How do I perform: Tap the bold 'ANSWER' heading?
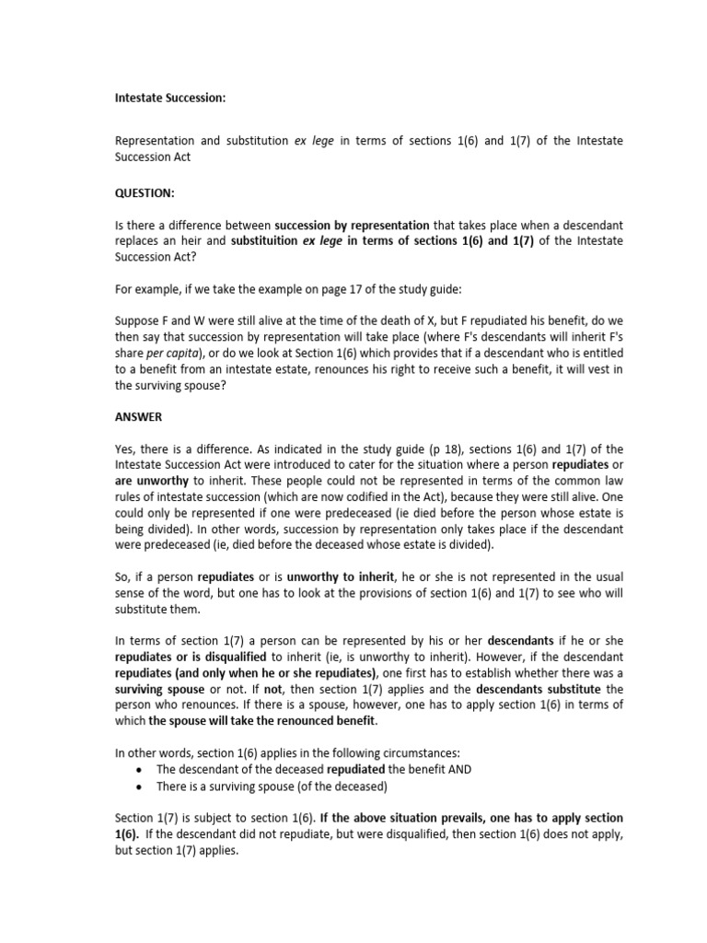138,417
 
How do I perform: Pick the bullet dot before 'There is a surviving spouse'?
138,786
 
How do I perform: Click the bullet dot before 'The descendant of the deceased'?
138,770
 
